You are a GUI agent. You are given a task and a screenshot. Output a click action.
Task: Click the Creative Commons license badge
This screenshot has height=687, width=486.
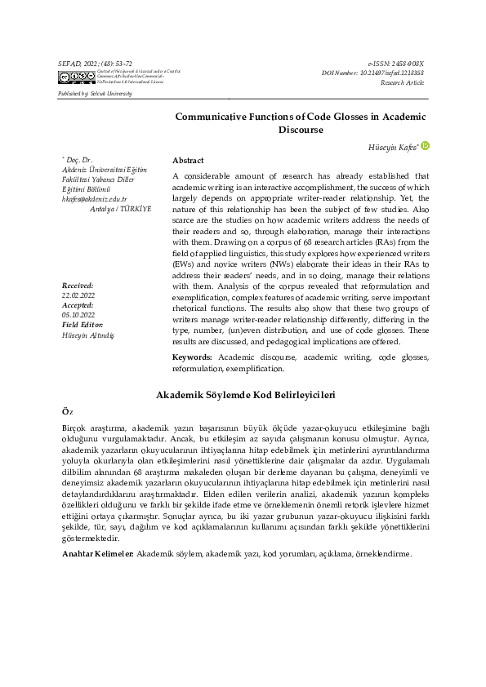coord(76,78)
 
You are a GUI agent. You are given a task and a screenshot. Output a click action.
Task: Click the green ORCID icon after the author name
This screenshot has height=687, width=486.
coord(425,145)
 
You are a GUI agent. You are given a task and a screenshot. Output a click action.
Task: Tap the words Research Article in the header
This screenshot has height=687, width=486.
coord(403,82)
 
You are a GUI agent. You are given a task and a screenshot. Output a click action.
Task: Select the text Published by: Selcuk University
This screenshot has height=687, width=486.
coord(96,94)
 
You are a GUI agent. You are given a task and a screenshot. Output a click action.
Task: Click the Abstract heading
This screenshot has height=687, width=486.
coord(189,161)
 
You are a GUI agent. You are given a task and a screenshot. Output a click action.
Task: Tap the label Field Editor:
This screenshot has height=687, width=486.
coord(82,325)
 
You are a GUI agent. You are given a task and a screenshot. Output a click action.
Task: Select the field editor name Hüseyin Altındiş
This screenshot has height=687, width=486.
coord(88,335)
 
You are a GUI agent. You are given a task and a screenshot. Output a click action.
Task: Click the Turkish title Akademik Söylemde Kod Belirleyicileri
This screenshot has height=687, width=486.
coord(246,395)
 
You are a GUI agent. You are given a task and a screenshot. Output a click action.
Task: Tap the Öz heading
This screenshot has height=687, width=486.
coord(68,412)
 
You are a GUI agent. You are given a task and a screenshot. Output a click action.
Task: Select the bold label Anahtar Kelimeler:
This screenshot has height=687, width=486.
coord(99,554)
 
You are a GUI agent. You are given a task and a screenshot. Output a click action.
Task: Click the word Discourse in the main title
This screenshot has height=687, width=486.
coord(301,130)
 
